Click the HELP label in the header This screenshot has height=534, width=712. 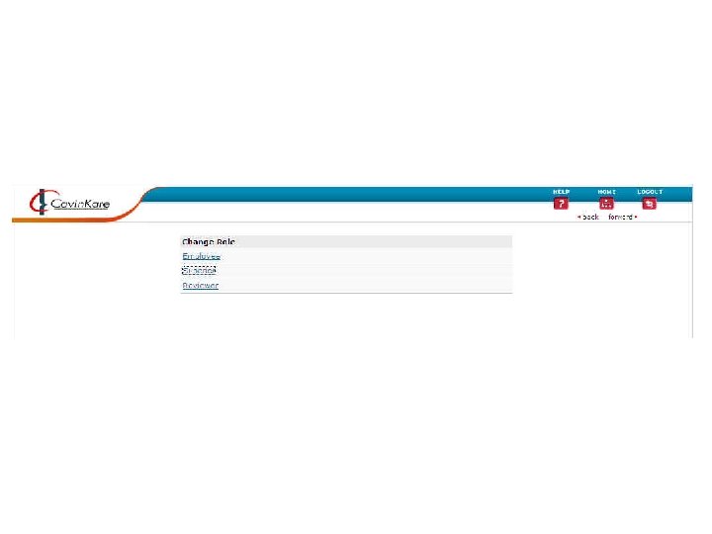click(x=561, y=192)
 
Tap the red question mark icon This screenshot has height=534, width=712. click(x=561, y=204)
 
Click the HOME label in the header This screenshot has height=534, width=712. click(x=606, y=192)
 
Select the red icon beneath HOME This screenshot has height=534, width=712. click(x=606, y=204)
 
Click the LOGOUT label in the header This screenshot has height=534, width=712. click(x=650, y=192)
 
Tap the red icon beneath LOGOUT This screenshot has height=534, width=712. click(x=650, y=204)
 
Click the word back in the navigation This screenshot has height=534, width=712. click(x=590, y=217)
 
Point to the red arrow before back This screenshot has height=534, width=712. click(x=579, y=217)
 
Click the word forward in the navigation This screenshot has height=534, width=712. click(x=620, y=217)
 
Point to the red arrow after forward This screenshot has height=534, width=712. click(x=636, y=217)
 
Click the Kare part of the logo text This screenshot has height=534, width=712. click(x=96, y=205)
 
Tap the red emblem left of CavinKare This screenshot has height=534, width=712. click(x=39, y=203)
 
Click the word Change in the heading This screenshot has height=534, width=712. click(x=198, y=241)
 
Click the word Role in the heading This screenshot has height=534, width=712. click(x=225, y=241)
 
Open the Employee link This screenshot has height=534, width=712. click(x=201, y=256)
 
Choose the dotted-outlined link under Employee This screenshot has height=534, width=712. click(x=199, y=270)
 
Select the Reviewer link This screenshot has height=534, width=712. click(x=200, y=286)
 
